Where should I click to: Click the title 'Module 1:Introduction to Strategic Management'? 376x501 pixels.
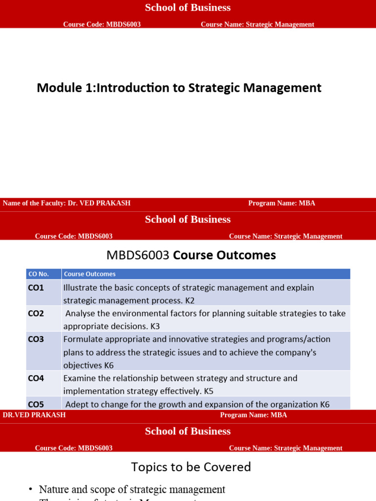tap(179, 88)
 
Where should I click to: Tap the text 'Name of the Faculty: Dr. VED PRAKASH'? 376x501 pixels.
tap(67, 203)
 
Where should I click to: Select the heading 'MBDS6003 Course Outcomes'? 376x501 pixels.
tap(191, 255)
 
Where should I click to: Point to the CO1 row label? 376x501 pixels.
tap(36, 288)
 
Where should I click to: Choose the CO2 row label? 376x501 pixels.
tap(36, 314)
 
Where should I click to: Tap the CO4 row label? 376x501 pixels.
tap(36, 378)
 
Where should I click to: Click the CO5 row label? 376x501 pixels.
tap(36, 405)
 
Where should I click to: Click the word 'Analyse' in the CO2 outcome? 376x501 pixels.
tap(80, 314)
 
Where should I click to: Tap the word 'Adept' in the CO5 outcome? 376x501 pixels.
tap(76, 405)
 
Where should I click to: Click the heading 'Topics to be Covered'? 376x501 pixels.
tap(191, 467)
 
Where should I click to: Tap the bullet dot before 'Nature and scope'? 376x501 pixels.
tap(31, 490)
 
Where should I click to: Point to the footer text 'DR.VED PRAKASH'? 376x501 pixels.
tap(34, 415)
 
